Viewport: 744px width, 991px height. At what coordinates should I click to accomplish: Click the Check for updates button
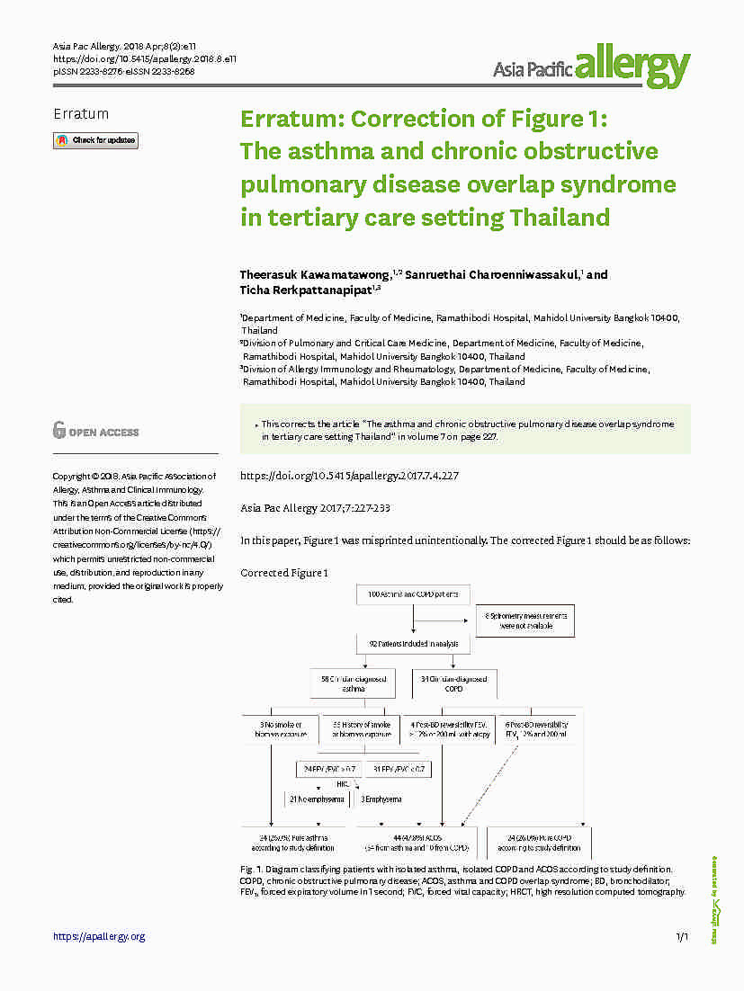pyautogui.click(x=95, y=140)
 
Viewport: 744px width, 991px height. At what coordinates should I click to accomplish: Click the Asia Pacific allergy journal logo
pyautogui.click(x=591, y=66)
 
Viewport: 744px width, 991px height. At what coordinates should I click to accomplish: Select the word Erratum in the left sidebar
pyautogui.click(x=81, y=114)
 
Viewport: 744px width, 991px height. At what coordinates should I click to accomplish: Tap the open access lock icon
pyautogui.click(x=58, y=430)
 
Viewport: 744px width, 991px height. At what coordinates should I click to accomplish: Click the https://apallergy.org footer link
pyautogui.click(x=99, y=936)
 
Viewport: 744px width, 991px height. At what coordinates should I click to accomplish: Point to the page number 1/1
pyautogui.click(x=681, y=937)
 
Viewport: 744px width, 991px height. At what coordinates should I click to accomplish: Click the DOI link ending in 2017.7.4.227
pyautogui.click(x=349, y=476)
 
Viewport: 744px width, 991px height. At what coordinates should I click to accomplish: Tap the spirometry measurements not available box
pyautogui.click(x=525, y=620)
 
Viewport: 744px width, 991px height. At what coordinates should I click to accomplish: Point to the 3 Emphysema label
pyautogui.click(x=381, y=799)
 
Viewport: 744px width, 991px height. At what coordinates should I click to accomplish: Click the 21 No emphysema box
pyautogui.click(x=316, y=799)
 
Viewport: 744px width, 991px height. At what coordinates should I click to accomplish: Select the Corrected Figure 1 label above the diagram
pyautogui.click(x=284, y=573)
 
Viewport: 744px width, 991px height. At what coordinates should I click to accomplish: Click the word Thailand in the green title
pyautogui.click(x=560, y=218)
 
